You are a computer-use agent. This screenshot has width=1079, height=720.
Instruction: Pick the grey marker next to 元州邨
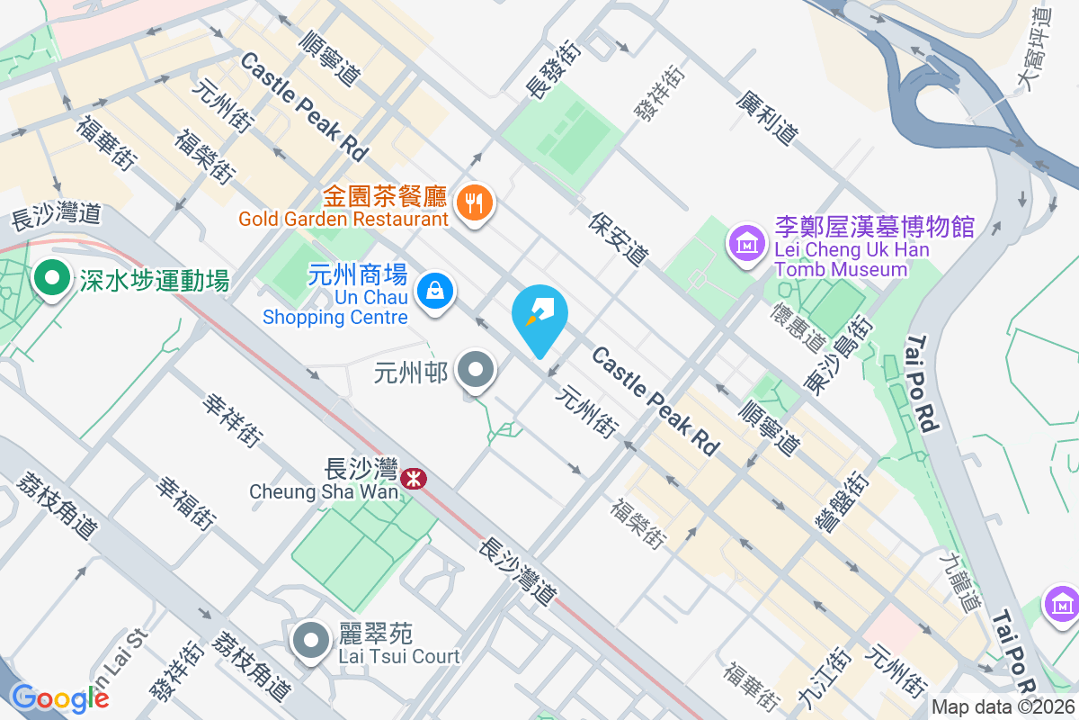[476, 370]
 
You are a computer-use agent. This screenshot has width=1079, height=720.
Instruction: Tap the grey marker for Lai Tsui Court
[312, 641]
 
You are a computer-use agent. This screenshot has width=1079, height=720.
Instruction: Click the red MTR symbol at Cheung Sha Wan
[414, 478]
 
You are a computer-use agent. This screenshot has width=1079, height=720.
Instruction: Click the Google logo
[60, 698]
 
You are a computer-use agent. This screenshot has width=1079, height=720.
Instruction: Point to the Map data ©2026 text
[1003, 707]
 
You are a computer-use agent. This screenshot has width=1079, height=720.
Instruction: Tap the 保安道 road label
[620, 239]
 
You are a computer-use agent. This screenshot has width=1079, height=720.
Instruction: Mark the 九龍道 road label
[959, 582]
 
